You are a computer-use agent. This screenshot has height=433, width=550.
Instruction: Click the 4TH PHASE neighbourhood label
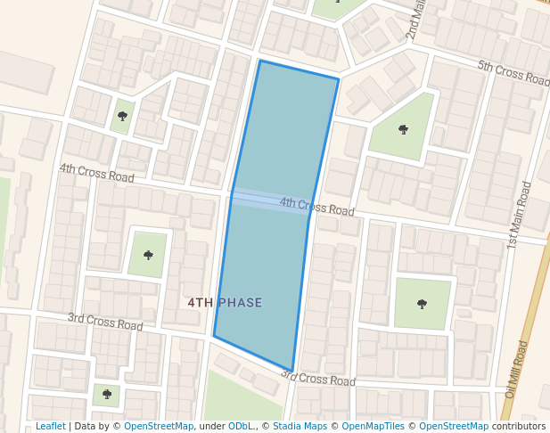pyautogui.click(x=225, y=303)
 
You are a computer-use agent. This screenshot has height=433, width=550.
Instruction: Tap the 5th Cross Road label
pyautogui.click(x=513, y=73)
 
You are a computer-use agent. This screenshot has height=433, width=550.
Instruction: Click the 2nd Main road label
pyautogui.click(x=415, y=20)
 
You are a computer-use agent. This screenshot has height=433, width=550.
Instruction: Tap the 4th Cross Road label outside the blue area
pyautogui.click(x=96, y=172)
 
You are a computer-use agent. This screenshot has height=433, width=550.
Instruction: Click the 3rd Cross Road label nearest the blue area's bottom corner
pyautogui.click(x=317, y=379)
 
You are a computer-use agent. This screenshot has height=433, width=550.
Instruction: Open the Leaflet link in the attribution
pyautogui.click(x=50, y=427)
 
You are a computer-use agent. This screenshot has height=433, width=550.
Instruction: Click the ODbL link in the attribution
pyautogui.click(x=241, y=427)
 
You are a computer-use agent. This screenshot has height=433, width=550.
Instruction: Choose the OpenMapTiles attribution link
pyautogui.click(x=370, y=427)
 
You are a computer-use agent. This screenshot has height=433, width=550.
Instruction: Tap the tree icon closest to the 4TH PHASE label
pyautogui.click(x=148, y=255)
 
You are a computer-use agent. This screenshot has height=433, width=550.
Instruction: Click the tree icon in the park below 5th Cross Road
pyautogui.click(x=404, y=130)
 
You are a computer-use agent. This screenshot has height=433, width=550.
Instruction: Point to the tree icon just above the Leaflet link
pyautogui.click(x=107, y=393)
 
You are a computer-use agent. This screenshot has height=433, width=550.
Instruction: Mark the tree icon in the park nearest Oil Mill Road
pyautogui.click(x=422, y=304)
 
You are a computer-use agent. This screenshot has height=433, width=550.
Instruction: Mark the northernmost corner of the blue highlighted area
pyautogui.click(x=259, y=61)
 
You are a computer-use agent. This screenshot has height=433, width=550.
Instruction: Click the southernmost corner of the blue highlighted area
pyautogui.click(x=291, y=370)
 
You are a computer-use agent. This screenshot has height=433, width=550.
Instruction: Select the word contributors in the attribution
pyautogui.click(x=519, y=427)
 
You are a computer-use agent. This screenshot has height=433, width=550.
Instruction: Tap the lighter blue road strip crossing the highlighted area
pyautogui.click(x=267, y=200)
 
